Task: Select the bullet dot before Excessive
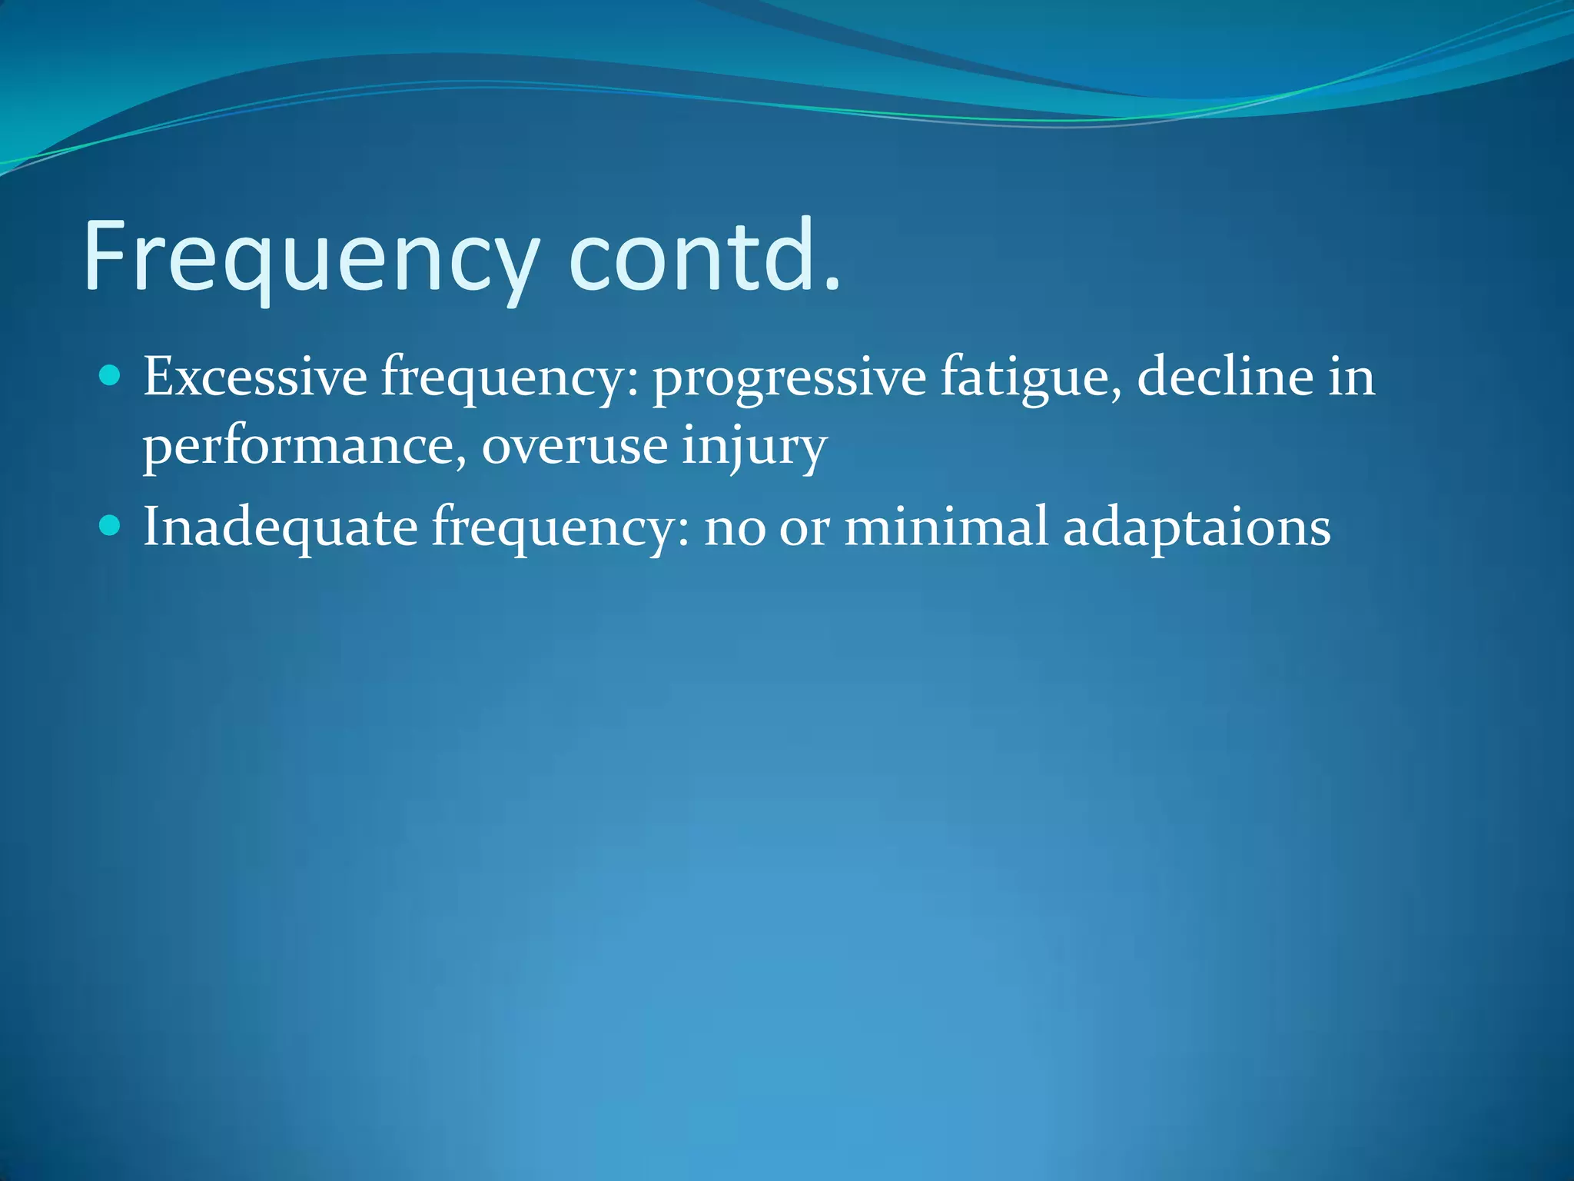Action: pyautogui.click(x=111, y=375)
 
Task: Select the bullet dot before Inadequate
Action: pyautogui.click(x=111, y=525)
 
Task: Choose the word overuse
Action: pyautogui.click(x=574, y=446)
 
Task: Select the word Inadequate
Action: pyautogui.click(x=280, y=527)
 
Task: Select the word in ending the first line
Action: pyautogui.click(x=1352, y=377)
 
